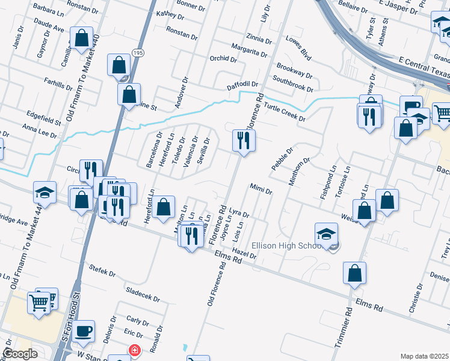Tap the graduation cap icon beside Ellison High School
(326, 233)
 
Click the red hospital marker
(134, 350)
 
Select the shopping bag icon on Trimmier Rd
(355, 273)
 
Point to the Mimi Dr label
(261, 191)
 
